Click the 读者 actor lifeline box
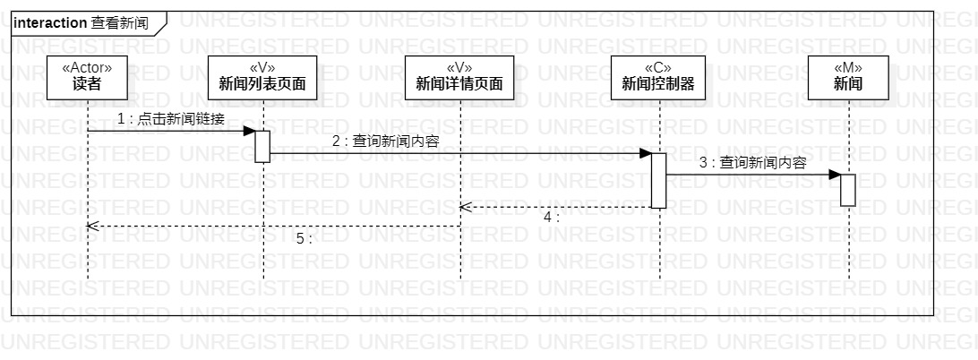coord(87,77)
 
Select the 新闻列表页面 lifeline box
coord(262,77)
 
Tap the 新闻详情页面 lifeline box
coord(459,77)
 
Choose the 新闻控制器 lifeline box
coord(658,77)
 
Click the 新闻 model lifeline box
coord(848,77)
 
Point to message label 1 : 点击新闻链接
coord(170,119)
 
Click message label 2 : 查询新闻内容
coord(385,141)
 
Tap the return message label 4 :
coord(552,217)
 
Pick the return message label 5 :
coord(304,238)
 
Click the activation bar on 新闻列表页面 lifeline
coord(262,146)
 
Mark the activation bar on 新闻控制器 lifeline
coord(658,180)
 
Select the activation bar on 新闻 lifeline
coord(848,190)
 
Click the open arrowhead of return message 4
coord(465,207)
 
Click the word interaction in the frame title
coord(51,22)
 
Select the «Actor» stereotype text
coord(87,66)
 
